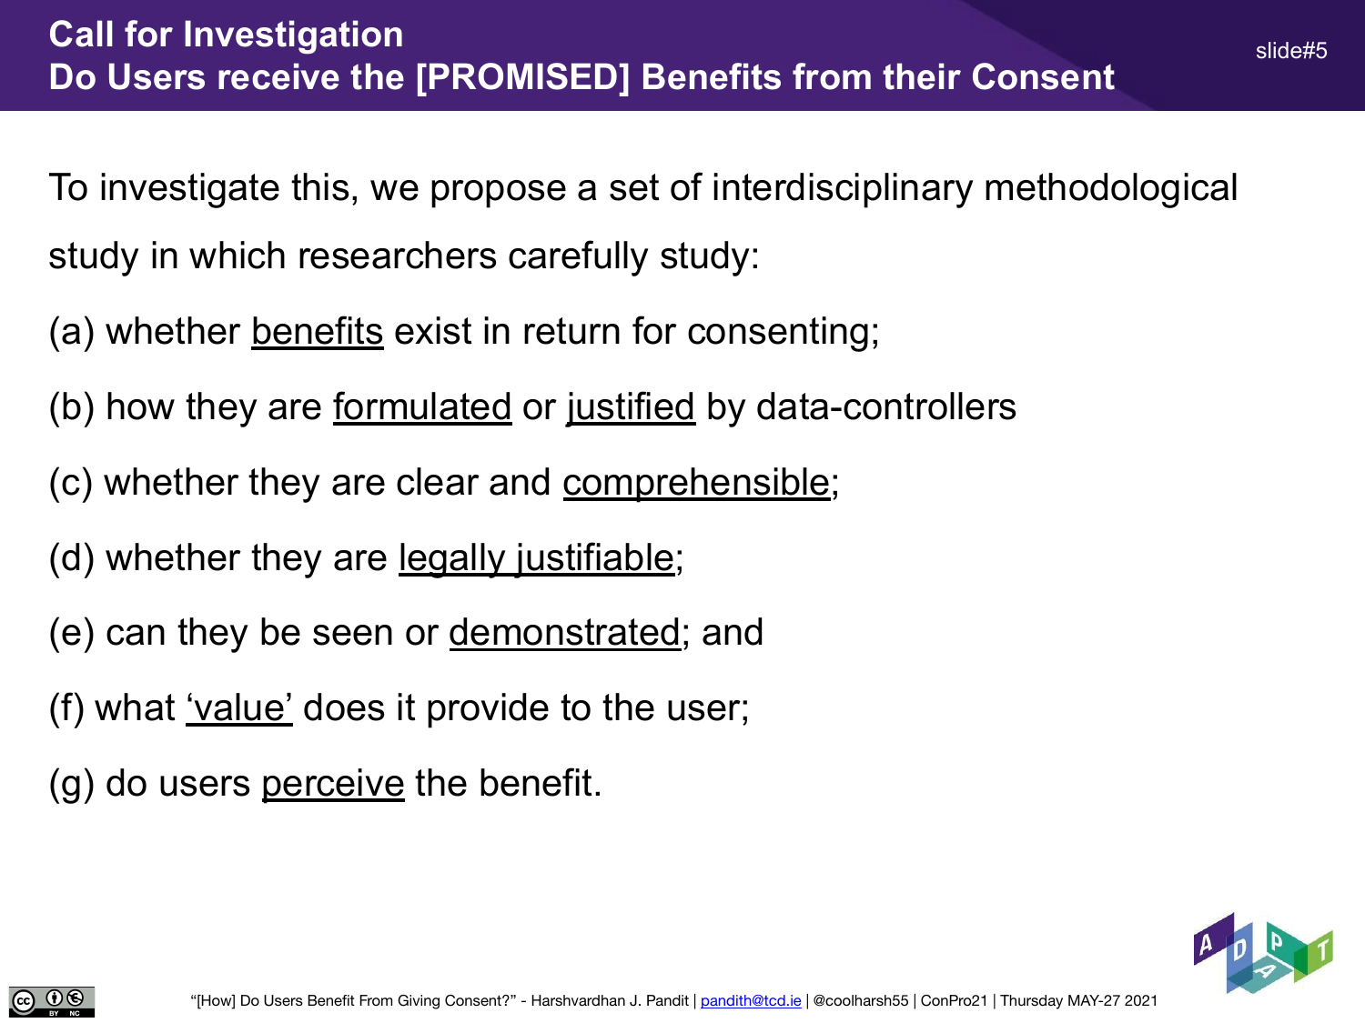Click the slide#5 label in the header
[1291, 51]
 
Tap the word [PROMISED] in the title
[522, 77]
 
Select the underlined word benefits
[318, 331]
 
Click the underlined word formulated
[422, 406]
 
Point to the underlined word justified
[631, 408]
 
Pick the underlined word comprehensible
[696, 483]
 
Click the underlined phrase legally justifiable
[537, 558]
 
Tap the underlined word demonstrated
[565, 633]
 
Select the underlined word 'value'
[239, 708]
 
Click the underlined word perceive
[333, 784]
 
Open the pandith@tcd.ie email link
[751, 1000]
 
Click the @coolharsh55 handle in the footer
[861, 1000]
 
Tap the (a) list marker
[72, 332]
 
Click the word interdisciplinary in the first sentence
[842, 188]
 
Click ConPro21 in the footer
[954, 1000]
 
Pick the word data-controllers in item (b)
[886, 406]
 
